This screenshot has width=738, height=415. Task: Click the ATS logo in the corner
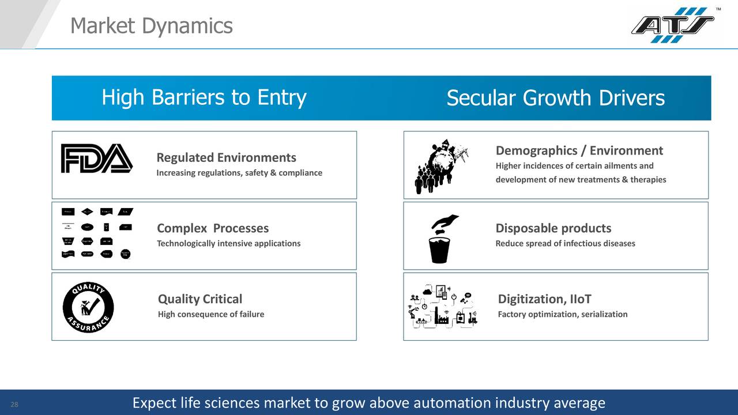[672, 25]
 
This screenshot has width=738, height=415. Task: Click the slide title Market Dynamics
[151, 26]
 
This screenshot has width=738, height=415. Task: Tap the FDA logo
[97, 159]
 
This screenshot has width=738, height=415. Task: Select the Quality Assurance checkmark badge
[88, 307]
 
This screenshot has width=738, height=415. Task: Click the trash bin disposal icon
[440, 240]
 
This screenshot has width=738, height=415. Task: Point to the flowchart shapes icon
[97, 233]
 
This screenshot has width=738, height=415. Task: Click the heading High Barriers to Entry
[204, 98]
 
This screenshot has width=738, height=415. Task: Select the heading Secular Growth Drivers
[555, 99]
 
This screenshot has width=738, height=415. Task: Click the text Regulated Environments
[226, 158]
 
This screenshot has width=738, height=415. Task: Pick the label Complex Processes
[213, 228]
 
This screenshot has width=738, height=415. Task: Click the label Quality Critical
[199, 299]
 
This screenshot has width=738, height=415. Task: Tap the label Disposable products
[553, 228]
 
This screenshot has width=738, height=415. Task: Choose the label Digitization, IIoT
[544, 299]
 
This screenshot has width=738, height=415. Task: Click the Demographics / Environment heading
[579, 151]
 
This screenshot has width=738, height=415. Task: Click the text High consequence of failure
[210, 314]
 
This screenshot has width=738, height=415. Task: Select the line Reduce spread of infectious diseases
[565, 243]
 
